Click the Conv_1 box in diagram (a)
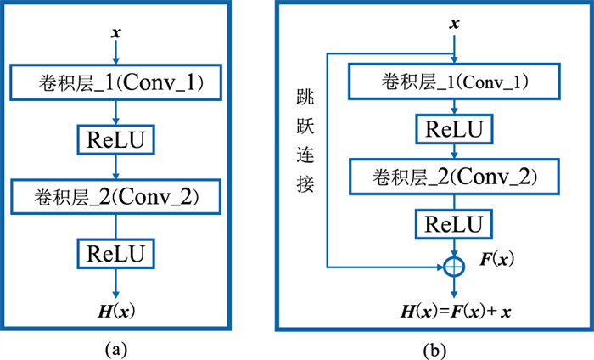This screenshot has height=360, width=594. pos(115,82)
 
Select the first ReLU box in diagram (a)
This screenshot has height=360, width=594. pos(115,139)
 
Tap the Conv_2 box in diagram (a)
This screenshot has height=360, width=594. pos(115,197)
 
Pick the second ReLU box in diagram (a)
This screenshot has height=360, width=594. pos(115,253)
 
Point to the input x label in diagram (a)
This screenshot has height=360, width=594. pos(115,33)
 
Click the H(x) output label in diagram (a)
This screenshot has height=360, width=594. pos(115,312)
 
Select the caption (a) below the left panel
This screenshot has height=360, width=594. pos(115,348)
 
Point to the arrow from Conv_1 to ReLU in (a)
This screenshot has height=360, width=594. pos(115,111)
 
